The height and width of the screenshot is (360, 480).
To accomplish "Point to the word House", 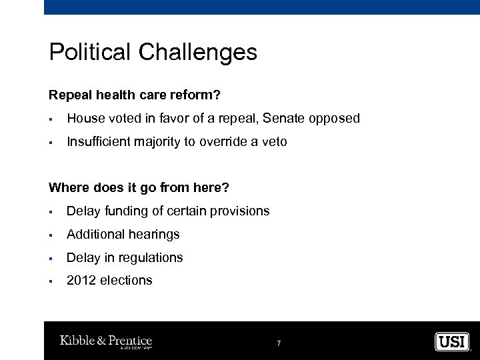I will (x=85, y=119).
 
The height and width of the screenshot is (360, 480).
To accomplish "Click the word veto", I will (x=273, y=141).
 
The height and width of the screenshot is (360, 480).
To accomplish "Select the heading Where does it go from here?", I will (x=139, y=189).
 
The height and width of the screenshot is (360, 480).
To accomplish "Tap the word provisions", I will (x=241, y=211).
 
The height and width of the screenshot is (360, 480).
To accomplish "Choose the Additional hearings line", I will (x=123, y=235).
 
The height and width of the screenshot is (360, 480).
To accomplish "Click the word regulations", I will (x=149, y=257).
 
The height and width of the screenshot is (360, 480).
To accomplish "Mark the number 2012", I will (x=81, y=281).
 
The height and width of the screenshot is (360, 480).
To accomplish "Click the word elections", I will (x=126, y=281).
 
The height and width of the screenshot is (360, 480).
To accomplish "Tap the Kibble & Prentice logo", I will (x=106, y=341).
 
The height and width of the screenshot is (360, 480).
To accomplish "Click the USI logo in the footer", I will (x=452, y=341).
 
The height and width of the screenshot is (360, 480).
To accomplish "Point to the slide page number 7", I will (x=279, y=343).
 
